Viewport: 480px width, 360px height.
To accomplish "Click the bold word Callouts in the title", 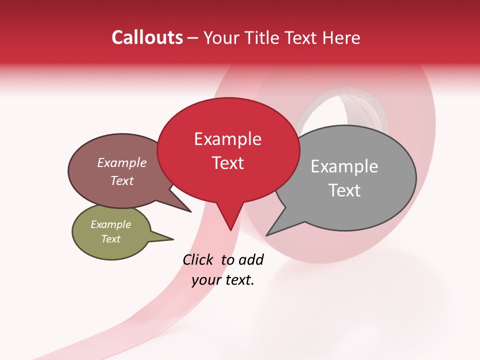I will pyautogui.click(x=147, y=37).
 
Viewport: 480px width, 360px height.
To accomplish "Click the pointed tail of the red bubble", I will pyautogui.click(x=229, y=222).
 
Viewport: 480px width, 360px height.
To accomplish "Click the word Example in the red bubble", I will pyautogui.click(x=227, y=139).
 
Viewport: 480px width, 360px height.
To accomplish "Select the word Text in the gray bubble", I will pyautogui.click(x=344, y=190).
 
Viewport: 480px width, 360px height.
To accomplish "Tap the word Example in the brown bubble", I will pyautogui.click(x=122, y=162).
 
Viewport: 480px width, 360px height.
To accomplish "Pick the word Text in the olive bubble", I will pyautogui.click(x=111, y=239).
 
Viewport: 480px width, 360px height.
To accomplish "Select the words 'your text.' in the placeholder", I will pyautogui.click(x=223, y=280).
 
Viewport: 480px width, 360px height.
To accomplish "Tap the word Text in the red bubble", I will pyautogui.click(x=228, y=163).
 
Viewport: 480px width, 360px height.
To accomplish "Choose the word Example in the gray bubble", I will pyautogui.click(x=344, y=166).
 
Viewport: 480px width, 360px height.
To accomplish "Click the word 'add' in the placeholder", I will pyautogui.click(x=251, y=259).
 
